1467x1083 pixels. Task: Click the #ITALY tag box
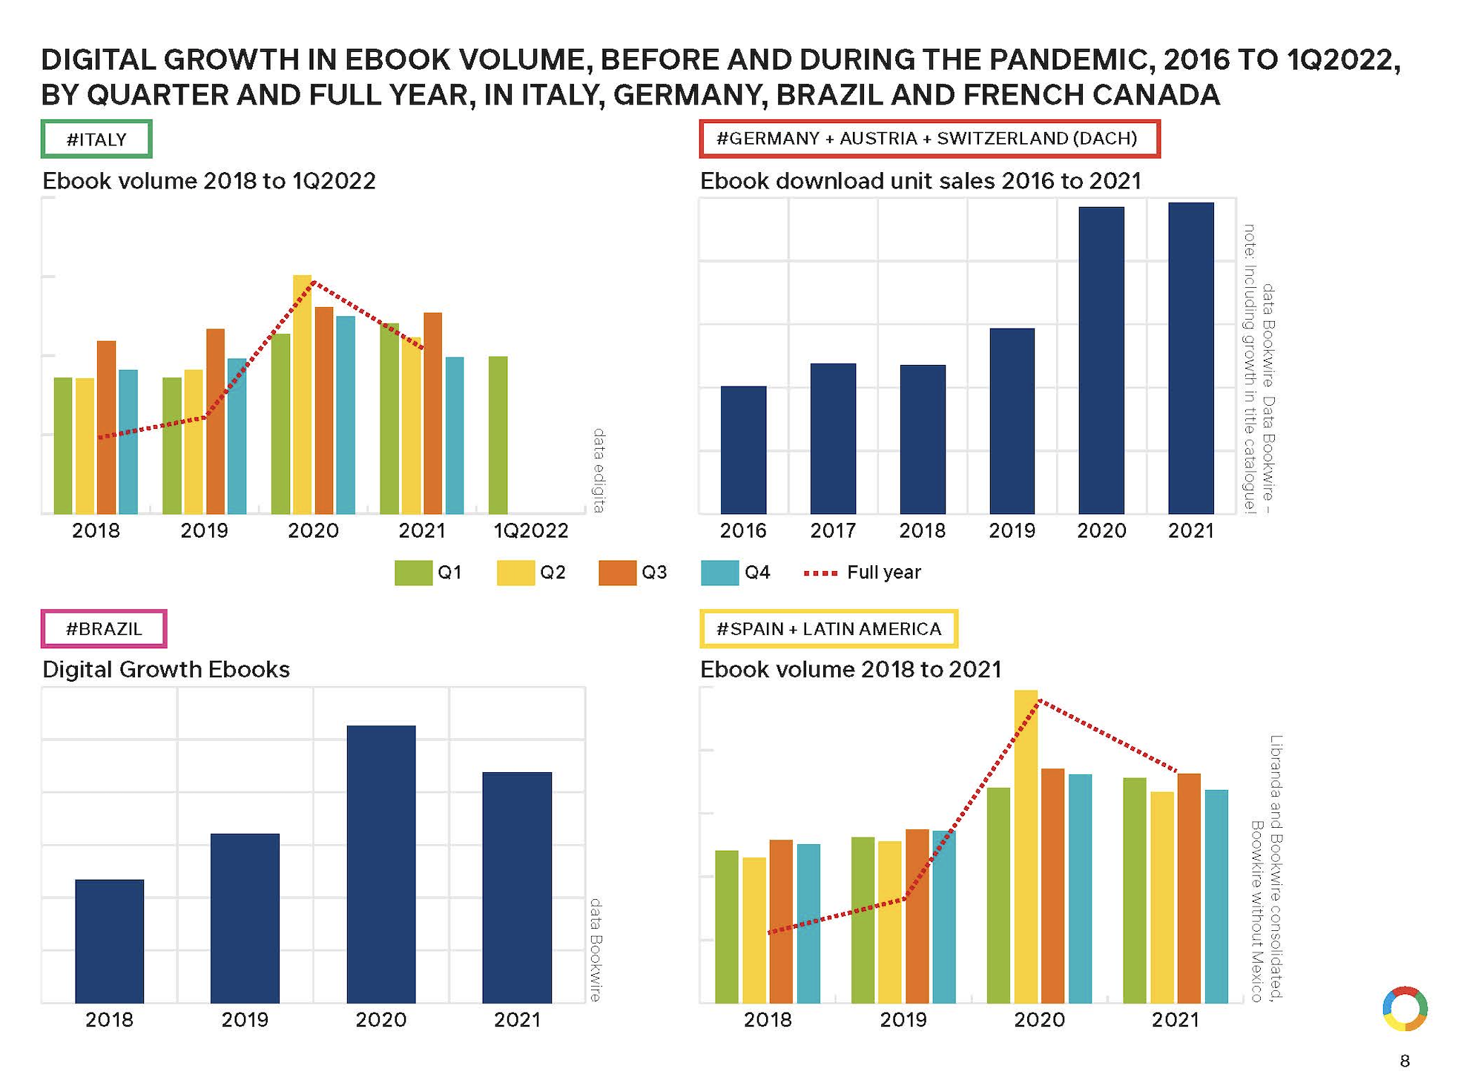[x=96, y=139]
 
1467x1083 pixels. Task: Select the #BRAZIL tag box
[x=104, y=628]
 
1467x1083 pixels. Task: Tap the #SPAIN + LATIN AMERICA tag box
[x=828, y=628]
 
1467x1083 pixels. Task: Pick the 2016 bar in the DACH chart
[x=743, y=450]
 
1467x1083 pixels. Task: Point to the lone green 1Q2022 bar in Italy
[x=498, y=435]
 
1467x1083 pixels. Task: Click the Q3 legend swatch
[x=617, y=573]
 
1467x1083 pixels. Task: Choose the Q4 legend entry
[x=736, y=573]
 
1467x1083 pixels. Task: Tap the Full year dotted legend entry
[x=863, y=573]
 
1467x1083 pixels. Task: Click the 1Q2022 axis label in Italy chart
[x=531, y=530]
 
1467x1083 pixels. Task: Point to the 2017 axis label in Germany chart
[x=833, y=530]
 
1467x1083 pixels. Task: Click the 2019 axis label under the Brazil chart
[x=245, y=1019]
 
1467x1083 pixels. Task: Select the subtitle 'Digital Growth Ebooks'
[x=166, y=669]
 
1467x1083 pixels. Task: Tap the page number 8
[x=1404, y=1061]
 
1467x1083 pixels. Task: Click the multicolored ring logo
[x=1405, y=1009]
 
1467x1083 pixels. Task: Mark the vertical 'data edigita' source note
[x=599, y=470]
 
